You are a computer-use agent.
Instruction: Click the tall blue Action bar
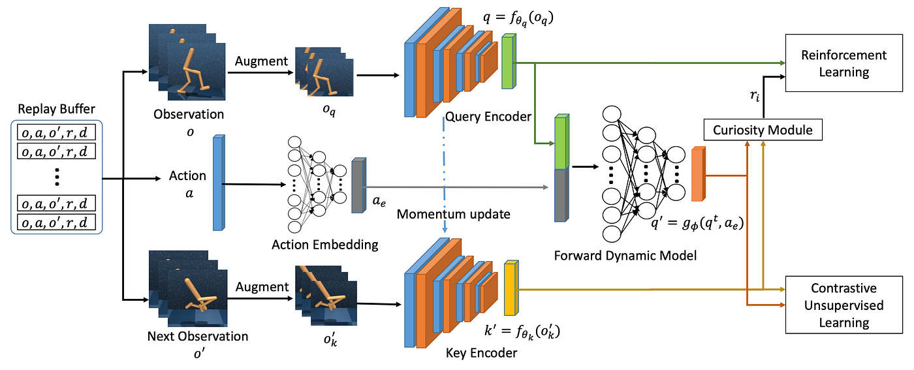(218, 183)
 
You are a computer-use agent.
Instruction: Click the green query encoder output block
(508, 62)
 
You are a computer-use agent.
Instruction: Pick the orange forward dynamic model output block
(698, 174)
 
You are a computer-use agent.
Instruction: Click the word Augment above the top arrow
(261, 61)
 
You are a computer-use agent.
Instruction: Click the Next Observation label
(198, 337)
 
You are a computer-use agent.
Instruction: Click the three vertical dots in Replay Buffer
(57, 176)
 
